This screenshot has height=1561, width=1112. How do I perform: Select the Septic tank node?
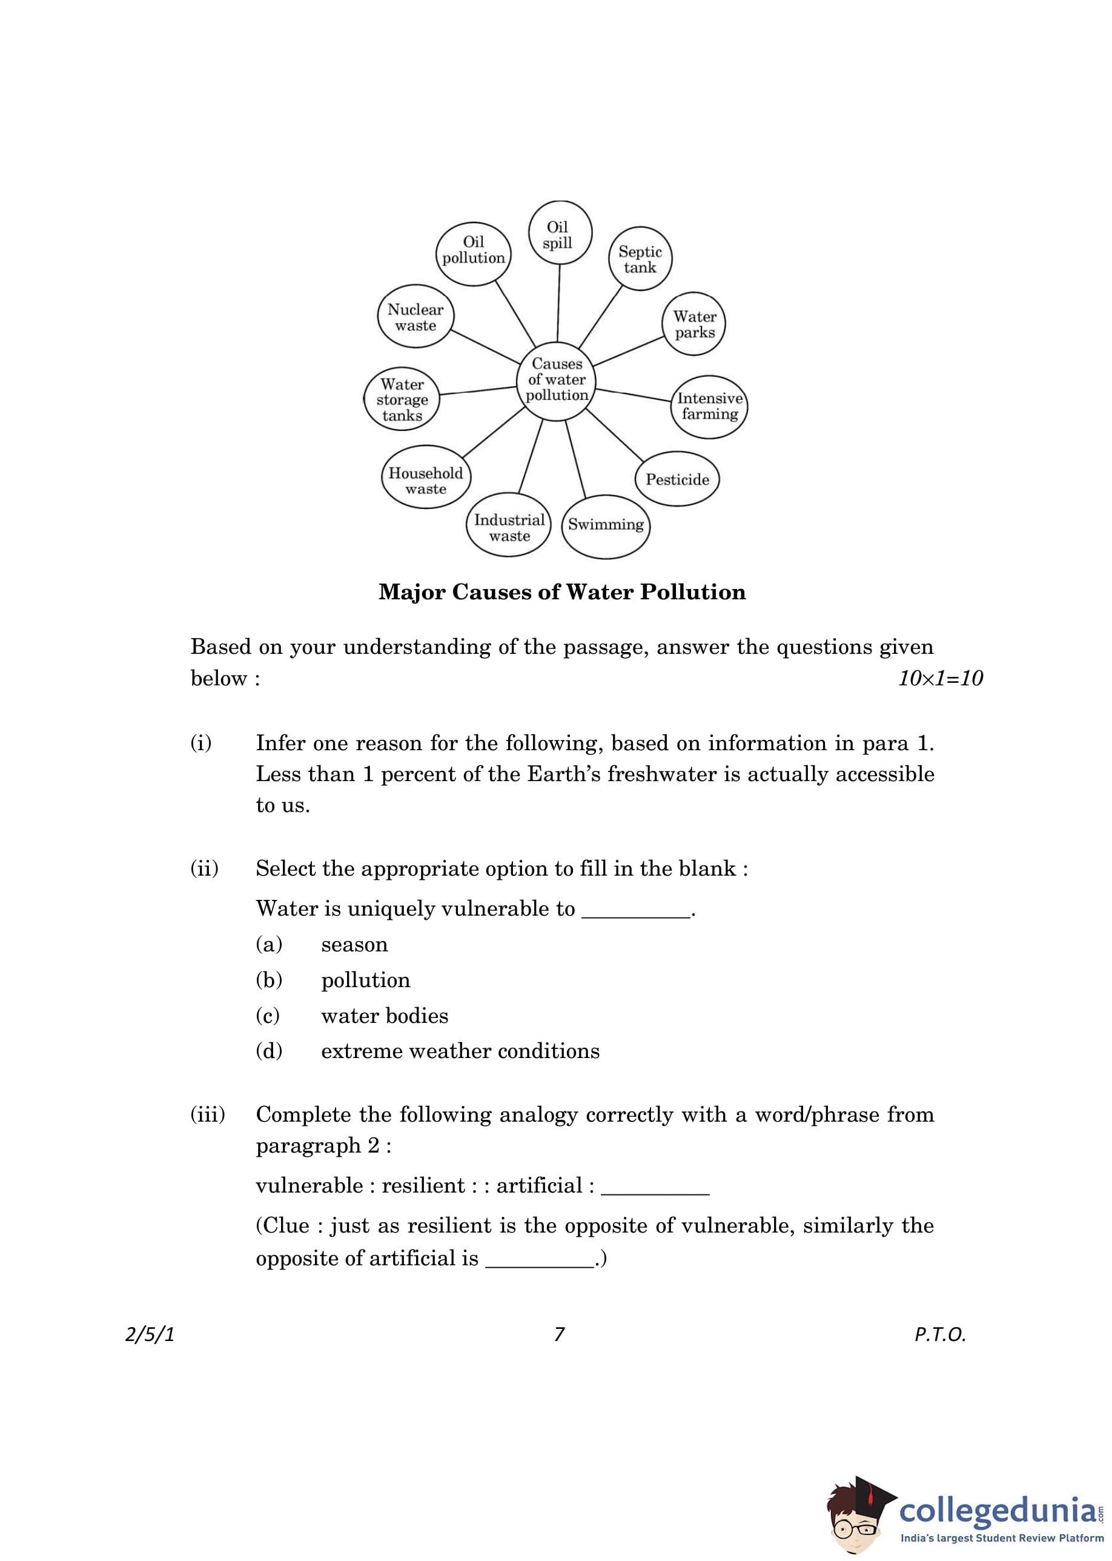[640, 259]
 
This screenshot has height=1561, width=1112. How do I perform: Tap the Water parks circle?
[694, 324]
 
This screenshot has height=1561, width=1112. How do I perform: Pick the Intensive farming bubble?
[709, 406]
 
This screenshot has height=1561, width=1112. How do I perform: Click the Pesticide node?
[677, 479]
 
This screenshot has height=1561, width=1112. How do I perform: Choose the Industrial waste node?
[509, 527]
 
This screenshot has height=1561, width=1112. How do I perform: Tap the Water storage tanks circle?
[402, 399]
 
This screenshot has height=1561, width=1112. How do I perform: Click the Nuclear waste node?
[415, 317]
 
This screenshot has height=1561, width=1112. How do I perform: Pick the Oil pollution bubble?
[473, 249]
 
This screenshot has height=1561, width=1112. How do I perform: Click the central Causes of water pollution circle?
[557, 379]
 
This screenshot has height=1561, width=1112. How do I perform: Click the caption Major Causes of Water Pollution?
[562, 592]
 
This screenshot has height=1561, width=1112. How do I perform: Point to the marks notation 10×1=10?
[940, 678]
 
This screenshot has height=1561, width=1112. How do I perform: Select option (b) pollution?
[366, 979]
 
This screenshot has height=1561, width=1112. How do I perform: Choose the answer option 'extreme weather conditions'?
[460, 1051]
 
